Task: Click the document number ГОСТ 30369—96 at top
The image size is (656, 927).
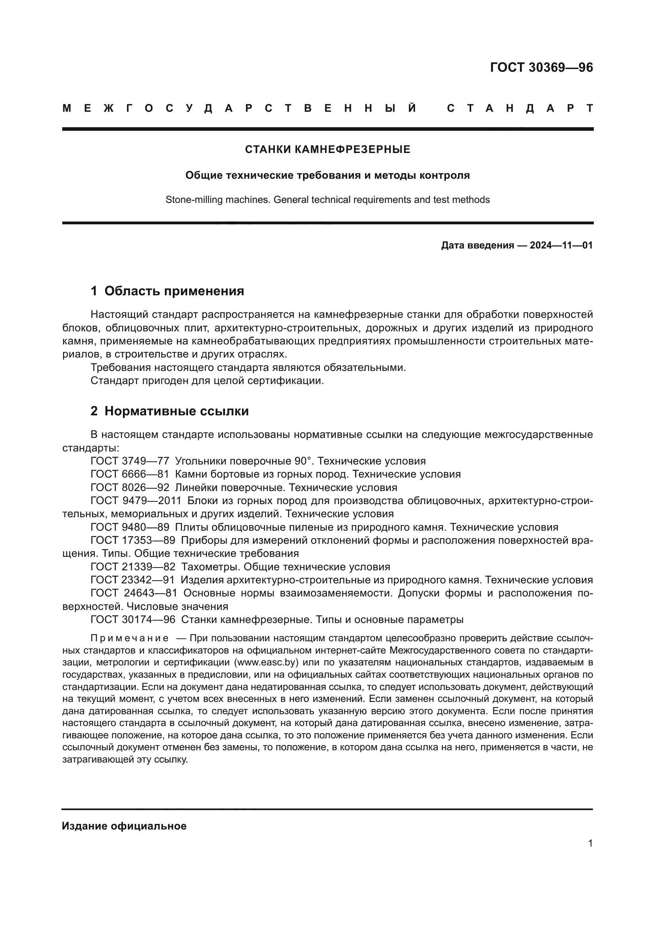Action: point(541,67)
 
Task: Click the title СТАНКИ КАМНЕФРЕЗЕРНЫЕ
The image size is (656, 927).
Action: point(328,150)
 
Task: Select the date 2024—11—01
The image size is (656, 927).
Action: point(561,245)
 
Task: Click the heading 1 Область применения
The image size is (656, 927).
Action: point(167,291)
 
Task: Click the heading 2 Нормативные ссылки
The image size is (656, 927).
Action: point(170,411)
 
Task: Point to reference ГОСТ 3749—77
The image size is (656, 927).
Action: point(130,461)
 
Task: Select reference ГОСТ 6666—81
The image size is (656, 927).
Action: point(130,474)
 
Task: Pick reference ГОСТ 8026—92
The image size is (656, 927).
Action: point(130,488)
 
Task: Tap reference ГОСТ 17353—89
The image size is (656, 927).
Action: point(132,541)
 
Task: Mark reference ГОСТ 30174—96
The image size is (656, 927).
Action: point(132,620)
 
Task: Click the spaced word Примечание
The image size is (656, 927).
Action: point(129,638)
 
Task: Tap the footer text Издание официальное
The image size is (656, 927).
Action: point(124,826)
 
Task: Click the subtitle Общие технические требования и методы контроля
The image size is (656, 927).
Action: point(328,176)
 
